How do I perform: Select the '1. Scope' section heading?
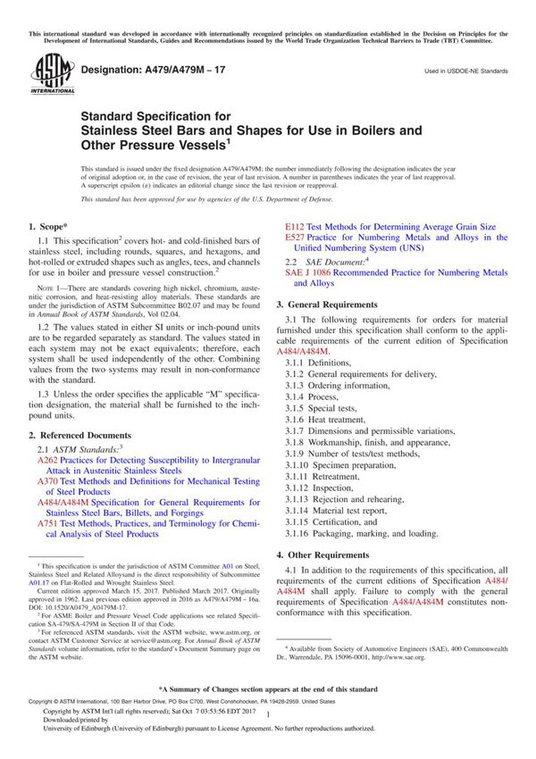click(53, 228)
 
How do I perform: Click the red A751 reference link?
click(47, 524)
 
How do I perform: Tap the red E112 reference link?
click(297, 228)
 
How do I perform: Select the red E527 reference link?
click(297, 238)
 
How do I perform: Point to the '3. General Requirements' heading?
click(346, 304)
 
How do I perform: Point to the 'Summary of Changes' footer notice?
click(268, 690)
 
